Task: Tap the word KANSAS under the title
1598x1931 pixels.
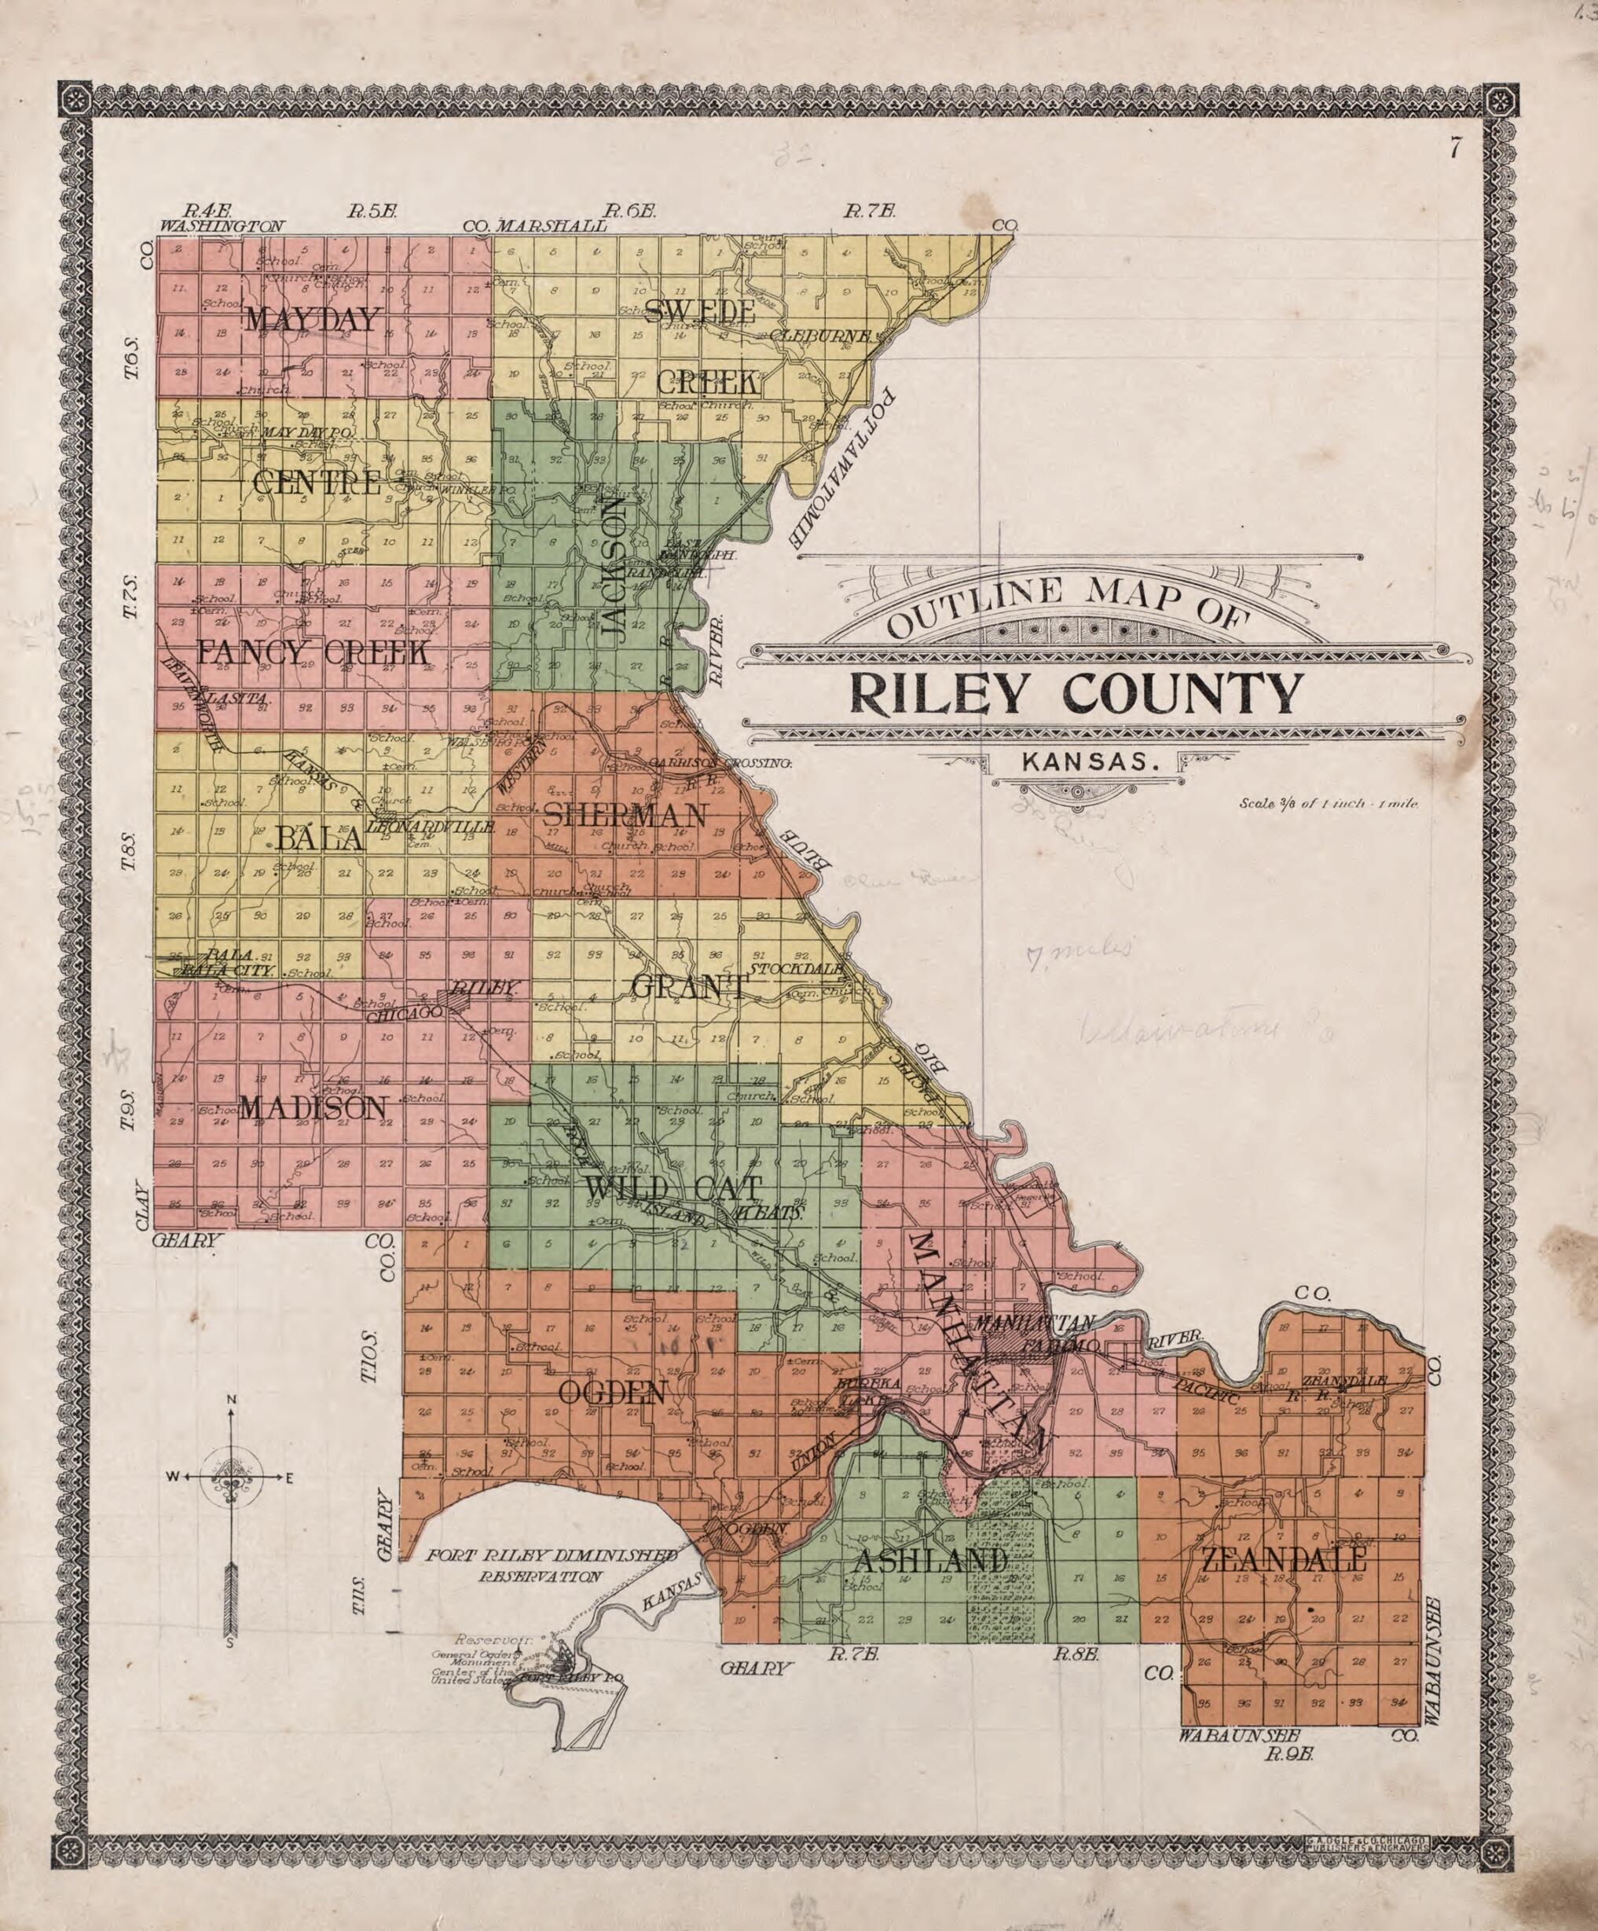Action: coord(1087,762)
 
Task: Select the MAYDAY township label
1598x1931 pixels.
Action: coord(313,319)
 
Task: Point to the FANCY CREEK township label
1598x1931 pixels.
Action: coord(313,653)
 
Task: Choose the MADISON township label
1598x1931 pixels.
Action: coord(313,1108)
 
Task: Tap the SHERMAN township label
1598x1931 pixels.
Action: coord(625,815)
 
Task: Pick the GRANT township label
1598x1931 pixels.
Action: coord(690,986)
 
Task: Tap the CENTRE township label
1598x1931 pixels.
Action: coord(317,482)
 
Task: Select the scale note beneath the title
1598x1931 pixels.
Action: coord(1329,802)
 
